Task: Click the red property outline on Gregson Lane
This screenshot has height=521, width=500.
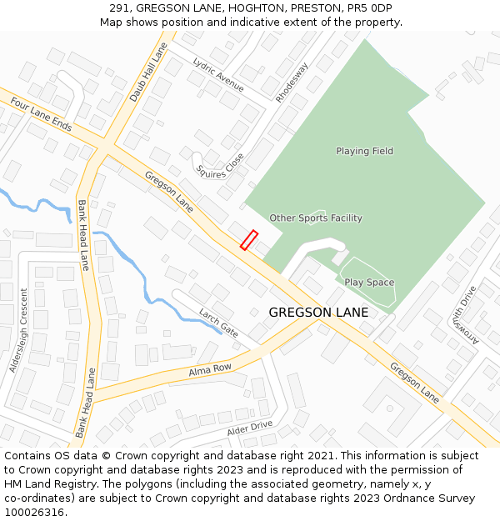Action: point(249,240)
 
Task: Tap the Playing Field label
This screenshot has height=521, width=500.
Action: point(364,151)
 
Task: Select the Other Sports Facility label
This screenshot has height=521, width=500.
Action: point(315,218)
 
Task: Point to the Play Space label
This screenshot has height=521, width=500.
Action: point(369,283)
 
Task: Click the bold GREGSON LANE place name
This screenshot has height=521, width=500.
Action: point(318,313)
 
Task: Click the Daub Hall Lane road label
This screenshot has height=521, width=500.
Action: point(147,72)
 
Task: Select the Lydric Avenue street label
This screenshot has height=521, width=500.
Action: point(218,75)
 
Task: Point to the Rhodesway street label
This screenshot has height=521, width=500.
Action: point(292,82)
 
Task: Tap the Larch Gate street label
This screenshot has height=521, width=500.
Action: point(218,322)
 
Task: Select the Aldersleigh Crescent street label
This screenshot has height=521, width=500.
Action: point(18,331)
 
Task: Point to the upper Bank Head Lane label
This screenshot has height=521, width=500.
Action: point(83,235)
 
